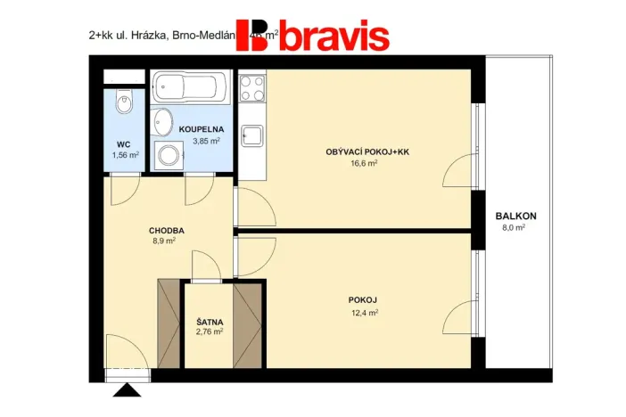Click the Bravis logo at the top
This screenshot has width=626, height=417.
tap(312, 36)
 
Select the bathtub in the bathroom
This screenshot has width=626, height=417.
tap(189, 87)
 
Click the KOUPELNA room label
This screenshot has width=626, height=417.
tap(201, 129)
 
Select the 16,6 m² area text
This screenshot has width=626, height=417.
tap(364, 163)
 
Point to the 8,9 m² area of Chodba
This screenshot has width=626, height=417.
tap(161, 241)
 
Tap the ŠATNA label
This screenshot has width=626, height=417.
tap(210, 321)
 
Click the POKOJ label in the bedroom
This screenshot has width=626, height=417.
tap(363, 300)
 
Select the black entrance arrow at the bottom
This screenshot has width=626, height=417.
tap(127, 388)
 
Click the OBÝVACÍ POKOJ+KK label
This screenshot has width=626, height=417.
tap(367, 151)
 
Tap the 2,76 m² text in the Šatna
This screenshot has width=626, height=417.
tap(210, 331)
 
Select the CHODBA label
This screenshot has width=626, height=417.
tap(166, 230)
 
